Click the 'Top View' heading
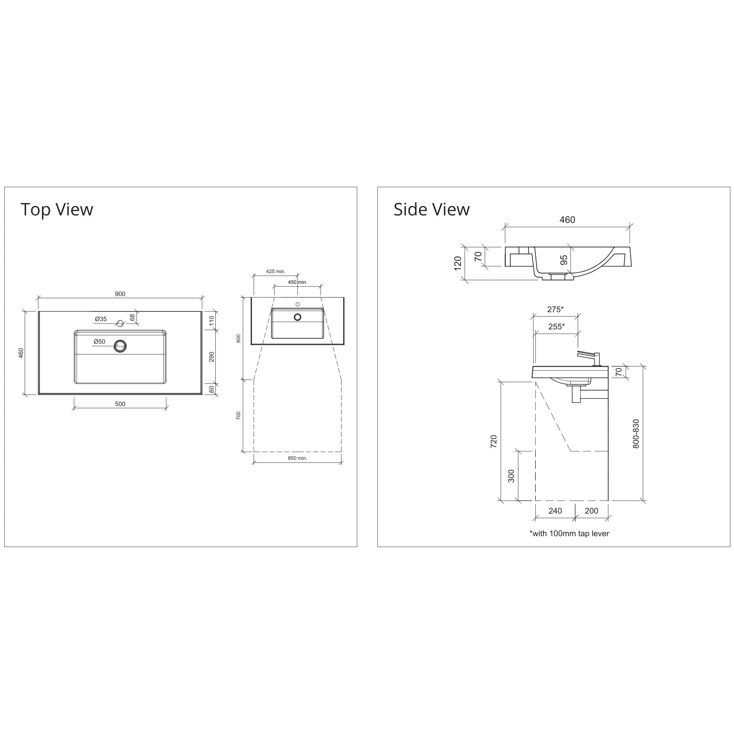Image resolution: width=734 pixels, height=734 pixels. click(x=57, y=209)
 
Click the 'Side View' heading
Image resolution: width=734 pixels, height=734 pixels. click(x=431, y=209)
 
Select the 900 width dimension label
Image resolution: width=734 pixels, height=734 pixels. click(x=120, y=294)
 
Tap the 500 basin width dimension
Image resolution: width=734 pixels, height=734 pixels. click(x=120, y=404)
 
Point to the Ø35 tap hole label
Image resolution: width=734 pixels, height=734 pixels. click(x=101, y=319)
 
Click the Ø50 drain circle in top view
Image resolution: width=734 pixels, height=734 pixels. click(x=120, y=346)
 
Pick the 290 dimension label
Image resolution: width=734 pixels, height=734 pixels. click(x=211, y=357)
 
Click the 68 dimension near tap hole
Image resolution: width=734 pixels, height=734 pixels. click(x=132, y=317)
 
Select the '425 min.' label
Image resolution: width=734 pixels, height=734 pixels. click(x=276, y=271)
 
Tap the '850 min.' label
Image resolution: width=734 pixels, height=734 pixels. click(x=297, y=458)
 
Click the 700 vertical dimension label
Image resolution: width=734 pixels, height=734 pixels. click(x=239, y=416)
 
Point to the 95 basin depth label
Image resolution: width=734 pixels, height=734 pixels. click(x=564, y=260)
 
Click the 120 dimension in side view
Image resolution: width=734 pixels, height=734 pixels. click(x=458, y=263)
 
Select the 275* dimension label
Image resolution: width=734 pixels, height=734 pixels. click(x=555, y=309)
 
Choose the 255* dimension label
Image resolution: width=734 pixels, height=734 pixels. click(x=556, y=327)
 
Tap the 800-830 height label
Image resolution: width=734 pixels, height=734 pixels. click(x=636, y=434)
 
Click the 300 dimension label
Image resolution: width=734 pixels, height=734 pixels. click(x=511, y=476)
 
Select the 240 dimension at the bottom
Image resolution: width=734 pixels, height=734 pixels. click(x=555, y=511)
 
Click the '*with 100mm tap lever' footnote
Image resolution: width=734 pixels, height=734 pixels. click(x=569, y=533)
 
